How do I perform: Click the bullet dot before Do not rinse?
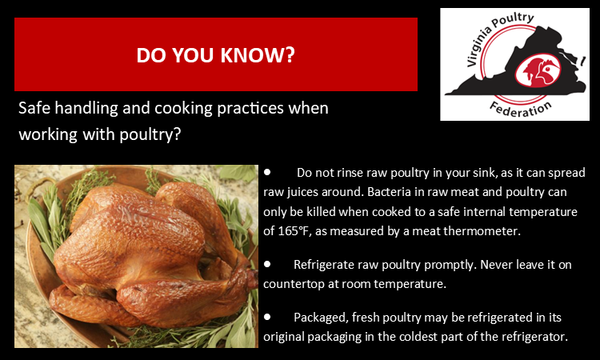(269, 172)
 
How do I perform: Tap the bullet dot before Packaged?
(269, 316)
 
